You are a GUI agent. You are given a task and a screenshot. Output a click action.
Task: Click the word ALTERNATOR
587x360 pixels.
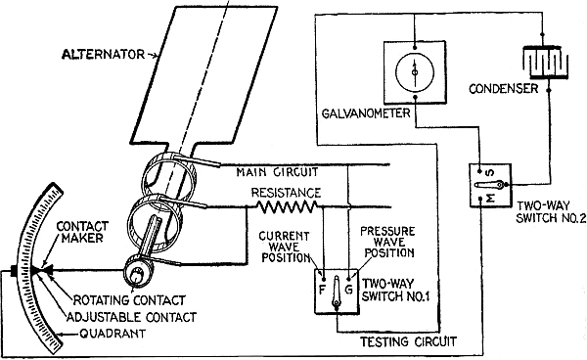click(103, 55)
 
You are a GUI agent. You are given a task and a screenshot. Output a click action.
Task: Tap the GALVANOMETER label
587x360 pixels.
click(366, 112)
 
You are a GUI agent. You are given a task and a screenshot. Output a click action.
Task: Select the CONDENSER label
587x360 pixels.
click(503, 89)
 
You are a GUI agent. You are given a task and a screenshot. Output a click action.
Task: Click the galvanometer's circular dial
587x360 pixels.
click(415, 72)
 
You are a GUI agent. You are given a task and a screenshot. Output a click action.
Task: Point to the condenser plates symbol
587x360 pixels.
click(545, 63)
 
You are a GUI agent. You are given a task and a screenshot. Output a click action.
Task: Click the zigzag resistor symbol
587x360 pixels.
click(287, 206)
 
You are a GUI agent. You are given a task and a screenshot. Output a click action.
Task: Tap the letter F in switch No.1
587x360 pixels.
click(322, 290)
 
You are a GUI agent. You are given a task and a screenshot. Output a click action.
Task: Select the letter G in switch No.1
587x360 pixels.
click(348, 290)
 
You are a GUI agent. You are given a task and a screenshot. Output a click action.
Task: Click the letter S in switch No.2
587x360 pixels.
click(490, 173)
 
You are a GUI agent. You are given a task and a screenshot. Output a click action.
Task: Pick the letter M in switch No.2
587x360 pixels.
click(490, 198)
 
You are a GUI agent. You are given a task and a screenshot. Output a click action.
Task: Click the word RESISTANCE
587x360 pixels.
click(286, 193)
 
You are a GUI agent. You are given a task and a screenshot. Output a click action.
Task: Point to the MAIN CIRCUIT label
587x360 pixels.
click(277, 172)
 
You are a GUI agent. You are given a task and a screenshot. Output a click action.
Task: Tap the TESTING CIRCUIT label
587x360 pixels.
click(408, 341)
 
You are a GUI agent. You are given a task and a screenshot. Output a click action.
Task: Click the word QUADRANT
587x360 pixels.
click(113, 334)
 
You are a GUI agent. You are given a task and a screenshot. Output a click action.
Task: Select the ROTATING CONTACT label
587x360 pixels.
click(129, 300)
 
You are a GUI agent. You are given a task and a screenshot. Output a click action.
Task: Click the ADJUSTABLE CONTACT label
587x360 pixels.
click(131, 317)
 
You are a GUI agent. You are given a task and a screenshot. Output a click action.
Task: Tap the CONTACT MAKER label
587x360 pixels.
click(82, 232)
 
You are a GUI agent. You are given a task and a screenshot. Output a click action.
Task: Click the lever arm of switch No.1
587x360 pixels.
click(337, 292)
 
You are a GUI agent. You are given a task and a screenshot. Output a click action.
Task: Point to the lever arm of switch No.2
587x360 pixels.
click(489, 185)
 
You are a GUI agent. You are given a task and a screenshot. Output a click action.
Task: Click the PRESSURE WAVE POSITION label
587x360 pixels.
click(388, 243)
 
